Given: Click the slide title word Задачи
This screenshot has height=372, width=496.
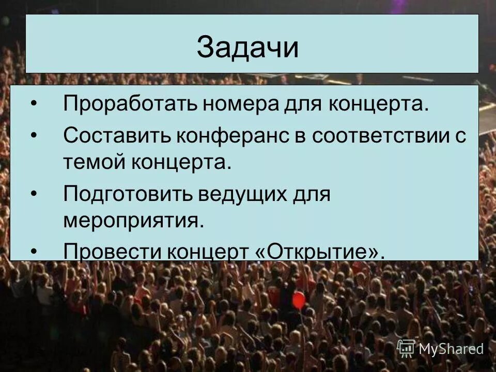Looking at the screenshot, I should click(247, 48).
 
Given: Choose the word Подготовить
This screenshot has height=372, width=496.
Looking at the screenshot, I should click(127, 195).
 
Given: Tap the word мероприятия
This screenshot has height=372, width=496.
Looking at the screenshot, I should click(131, 221).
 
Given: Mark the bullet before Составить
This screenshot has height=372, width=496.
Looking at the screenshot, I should click(34, 136).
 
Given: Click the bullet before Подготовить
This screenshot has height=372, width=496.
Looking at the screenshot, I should click(34, 195).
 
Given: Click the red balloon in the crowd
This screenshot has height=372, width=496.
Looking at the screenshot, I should click(299, 300).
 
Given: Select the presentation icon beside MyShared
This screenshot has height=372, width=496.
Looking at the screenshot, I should click(406, 348).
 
